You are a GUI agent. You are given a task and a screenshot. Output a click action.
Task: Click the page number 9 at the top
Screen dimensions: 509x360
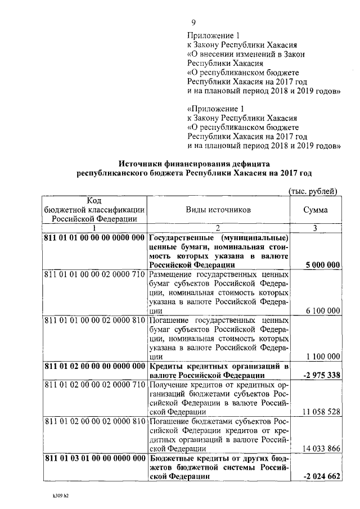(193, 22)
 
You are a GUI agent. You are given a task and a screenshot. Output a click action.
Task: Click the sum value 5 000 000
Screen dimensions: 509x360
(322, 265)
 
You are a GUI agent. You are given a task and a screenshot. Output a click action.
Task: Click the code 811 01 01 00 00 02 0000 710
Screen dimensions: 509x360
(94, 274)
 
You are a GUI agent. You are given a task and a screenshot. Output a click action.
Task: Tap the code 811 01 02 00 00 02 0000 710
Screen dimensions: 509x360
(94, 384)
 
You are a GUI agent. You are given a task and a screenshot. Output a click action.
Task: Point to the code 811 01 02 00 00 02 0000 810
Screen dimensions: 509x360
(94, 420)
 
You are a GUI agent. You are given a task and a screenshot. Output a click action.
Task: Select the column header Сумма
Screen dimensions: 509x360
(316, 210)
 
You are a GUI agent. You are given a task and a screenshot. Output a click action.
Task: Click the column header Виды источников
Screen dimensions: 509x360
(218, 210)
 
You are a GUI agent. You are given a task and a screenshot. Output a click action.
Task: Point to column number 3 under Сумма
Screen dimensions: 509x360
(316, 228)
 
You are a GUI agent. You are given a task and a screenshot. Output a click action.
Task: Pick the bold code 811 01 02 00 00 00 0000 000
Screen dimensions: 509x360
(94, 366)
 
